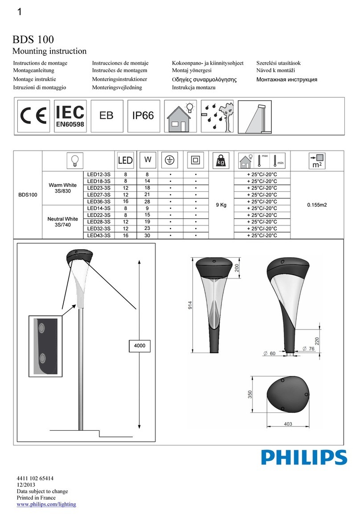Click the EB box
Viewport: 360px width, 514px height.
click(106, 115)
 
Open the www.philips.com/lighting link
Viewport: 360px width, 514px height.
click(46, 504)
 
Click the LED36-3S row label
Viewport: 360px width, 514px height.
click(99, 201)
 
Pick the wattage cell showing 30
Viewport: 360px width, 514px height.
click(147, 235)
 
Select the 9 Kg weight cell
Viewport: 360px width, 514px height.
click(221, 205)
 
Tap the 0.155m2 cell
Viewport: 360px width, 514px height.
click(317, 205)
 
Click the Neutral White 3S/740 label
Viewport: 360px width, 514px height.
click(62, 222)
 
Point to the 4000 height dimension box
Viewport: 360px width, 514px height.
click(141, 345)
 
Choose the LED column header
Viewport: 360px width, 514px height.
click(125, 160)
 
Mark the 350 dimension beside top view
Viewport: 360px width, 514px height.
click(250, 395)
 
